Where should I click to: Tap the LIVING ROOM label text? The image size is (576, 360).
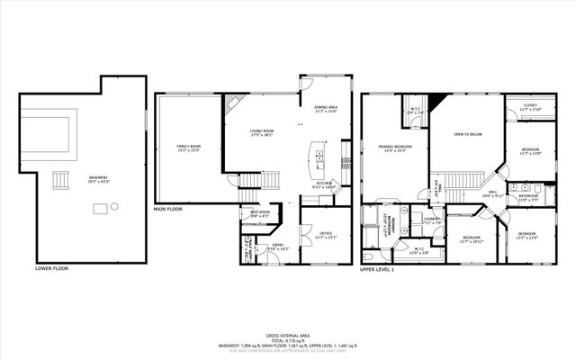(262, 133)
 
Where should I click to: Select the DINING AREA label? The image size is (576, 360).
(326, 108)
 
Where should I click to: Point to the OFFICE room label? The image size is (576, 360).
(326, 233)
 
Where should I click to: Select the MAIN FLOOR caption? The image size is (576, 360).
(167, 209)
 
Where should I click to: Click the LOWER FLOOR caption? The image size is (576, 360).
(50, 268)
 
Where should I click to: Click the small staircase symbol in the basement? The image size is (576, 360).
(61, 180)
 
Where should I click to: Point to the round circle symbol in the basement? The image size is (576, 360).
(114, 207)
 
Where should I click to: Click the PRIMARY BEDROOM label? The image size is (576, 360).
(395, 146)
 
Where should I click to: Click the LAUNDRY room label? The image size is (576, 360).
(431, 218)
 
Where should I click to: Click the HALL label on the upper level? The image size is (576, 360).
(493, 191)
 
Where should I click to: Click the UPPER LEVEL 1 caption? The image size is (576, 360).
(379, 268)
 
